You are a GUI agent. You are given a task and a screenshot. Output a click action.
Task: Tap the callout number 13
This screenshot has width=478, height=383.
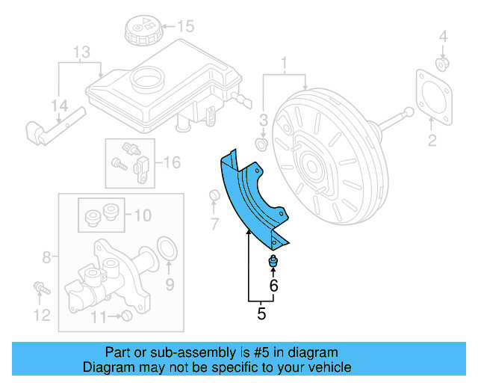coord(81,53)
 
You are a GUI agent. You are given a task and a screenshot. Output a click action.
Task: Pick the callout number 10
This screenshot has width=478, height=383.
coord(142,216)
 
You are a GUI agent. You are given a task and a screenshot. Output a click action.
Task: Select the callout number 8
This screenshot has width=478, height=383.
coord(46,257)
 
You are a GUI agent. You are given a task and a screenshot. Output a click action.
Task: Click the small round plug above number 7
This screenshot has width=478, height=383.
coord(213,197)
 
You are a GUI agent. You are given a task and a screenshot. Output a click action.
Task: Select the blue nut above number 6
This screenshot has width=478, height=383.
coord(273,261)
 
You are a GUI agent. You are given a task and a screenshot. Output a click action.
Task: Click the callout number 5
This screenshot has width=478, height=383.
coord(261,313)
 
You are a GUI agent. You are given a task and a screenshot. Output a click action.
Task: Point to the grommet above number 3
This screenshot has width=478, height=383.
coord(262,142)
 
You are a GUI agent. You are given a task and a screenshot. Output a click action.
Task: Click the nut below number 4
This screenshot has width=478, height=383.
coord(442,63)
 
